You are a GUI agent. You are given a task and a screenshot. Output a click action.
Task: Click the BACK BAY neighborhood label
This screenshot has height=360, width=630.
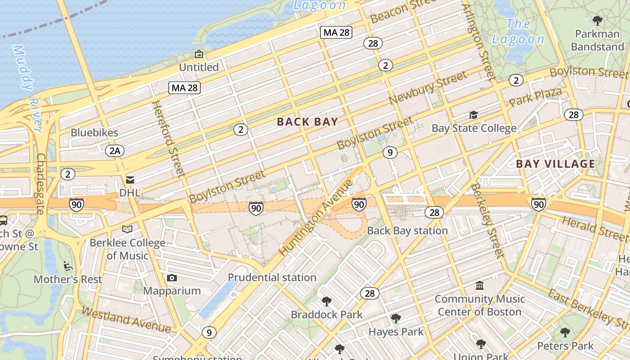coord(307,122)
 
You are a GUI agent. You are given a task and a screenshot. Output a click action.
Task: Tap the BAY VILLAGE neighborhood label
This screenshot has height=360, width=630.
coord(555,164)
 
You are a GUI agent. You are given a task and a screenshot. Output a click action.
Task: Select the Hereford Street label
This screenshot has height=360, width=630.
coord(168,139)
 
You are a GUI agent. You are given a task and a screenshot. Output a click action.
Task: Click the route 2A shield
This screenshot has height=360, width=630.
coord(115,151)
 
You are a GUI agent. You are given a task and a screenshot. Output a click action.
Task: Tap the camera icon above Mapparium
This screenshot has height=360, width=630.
coord(171,278)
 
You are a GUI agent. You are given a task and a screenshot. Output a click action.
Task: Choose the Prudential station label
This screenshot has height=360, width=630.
coord(272,277)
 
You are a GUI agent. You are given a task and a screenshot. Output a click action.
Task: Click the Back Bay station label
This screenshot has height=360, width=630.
coord(407,231)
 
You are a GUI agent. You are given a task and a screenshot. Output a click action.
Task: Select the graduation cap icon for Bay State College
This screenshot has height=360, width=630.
coord(473,115)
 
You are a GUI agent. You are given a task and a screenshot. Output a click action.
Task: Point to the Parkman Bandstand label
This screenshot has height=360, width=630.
coord(597,40)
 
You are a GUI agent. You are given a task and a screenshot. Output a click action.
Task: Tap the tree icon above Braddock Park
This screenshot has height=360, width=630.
coord(326,301)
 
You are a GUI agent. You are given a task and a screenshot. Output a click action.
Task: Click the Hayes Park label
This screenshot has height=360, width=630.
coord(396,332)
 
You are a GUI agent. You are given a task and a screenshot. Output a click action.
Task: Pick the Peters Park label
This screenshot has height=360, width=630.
coord(565,346)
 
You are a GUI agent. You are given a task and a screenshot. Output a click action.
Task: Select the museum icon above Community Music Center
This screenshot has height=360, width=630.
coord(480,286)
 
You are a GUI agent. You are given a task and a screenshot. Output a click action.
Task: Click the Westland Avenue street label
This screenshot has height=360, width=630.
coord(126,320)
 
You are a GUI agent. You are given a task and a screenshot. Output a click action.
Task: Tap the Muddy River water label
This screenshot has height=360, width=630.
coord(28,85)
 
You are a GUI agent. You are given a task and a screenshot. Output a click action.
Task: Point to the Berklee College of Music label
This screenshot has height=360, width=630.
coord(127,249)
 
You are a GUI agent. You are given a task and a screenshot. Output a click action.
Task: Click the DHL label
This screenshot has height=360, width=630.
coord(130,193)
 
